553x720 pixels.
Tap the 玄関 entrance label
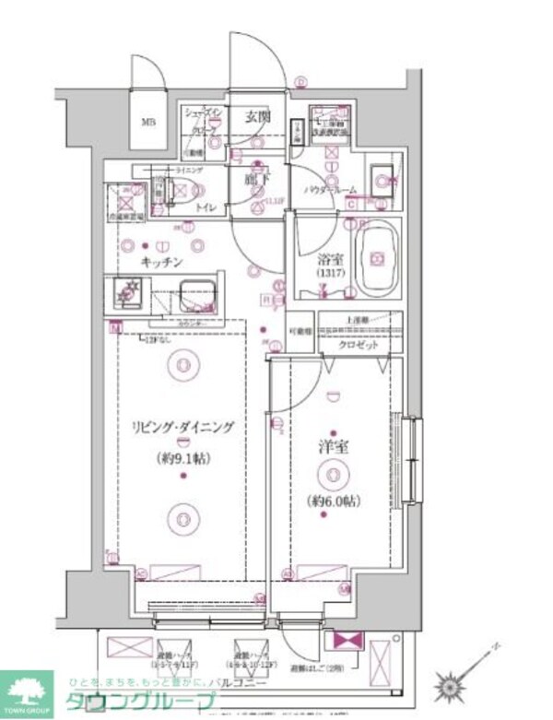[258, 116]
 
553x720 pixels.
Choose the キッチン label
[161, 262]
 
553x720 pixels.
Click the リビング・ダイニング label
[182, 428]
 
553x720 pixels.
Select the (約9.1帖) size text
[182, 456]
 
